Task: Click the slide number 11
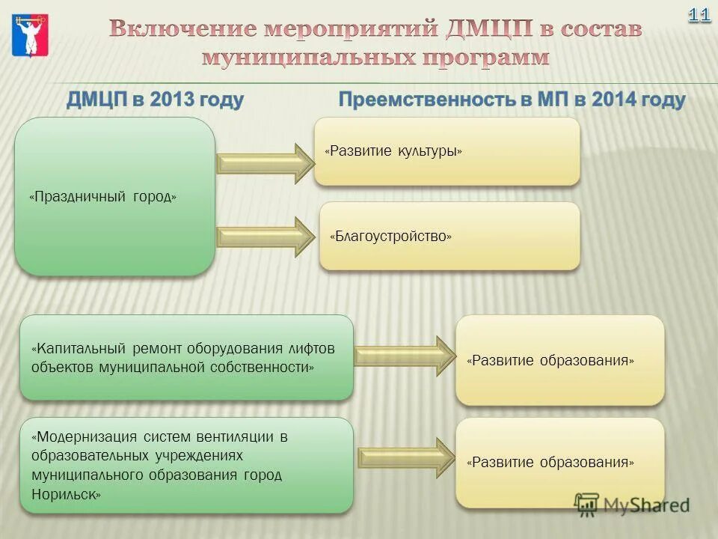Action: pos(699,15)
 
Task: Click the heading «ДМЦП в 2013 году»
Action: pos(156,100)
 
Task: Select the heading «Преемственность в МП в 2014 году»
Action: pos(512,100)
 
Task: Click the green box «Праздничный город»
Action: pos(114,196)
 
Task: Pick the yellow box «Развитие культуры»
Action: pos(447,151)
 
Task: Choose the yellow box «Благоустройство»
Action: pos(449,236)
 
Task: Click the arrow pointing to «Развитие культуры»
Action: pos(266,163)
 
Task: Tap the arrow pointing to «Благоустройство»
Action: pos(266,237)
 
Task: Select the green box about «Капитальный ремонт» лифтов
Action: pos(186,358)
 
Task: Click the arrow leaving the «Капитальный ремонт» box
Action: pos(404,356)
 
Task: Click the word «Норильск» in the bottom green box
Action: pos(66,494)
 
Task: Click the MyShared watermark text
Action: pos(646,505)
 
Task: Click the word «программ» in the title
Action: pos(479,57)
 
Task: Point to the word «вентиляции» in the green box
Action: pos(242,436)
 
